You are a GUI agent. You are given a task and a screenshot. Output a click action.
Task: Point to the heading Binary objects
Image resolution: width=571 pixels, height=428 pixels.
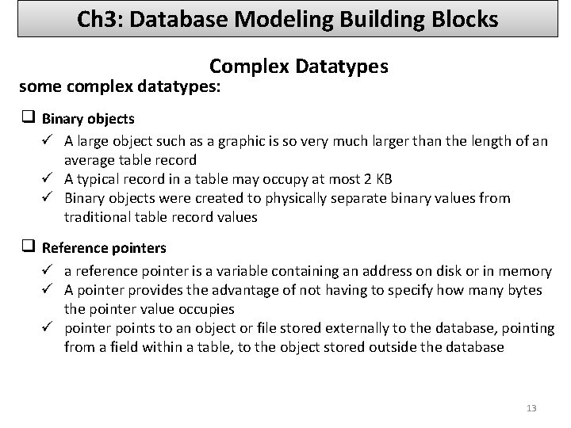tap(88, 119)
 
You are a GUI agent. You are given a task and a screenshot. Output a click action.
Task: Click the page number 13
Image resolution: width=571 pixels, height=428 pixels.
tap(531, 408)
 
